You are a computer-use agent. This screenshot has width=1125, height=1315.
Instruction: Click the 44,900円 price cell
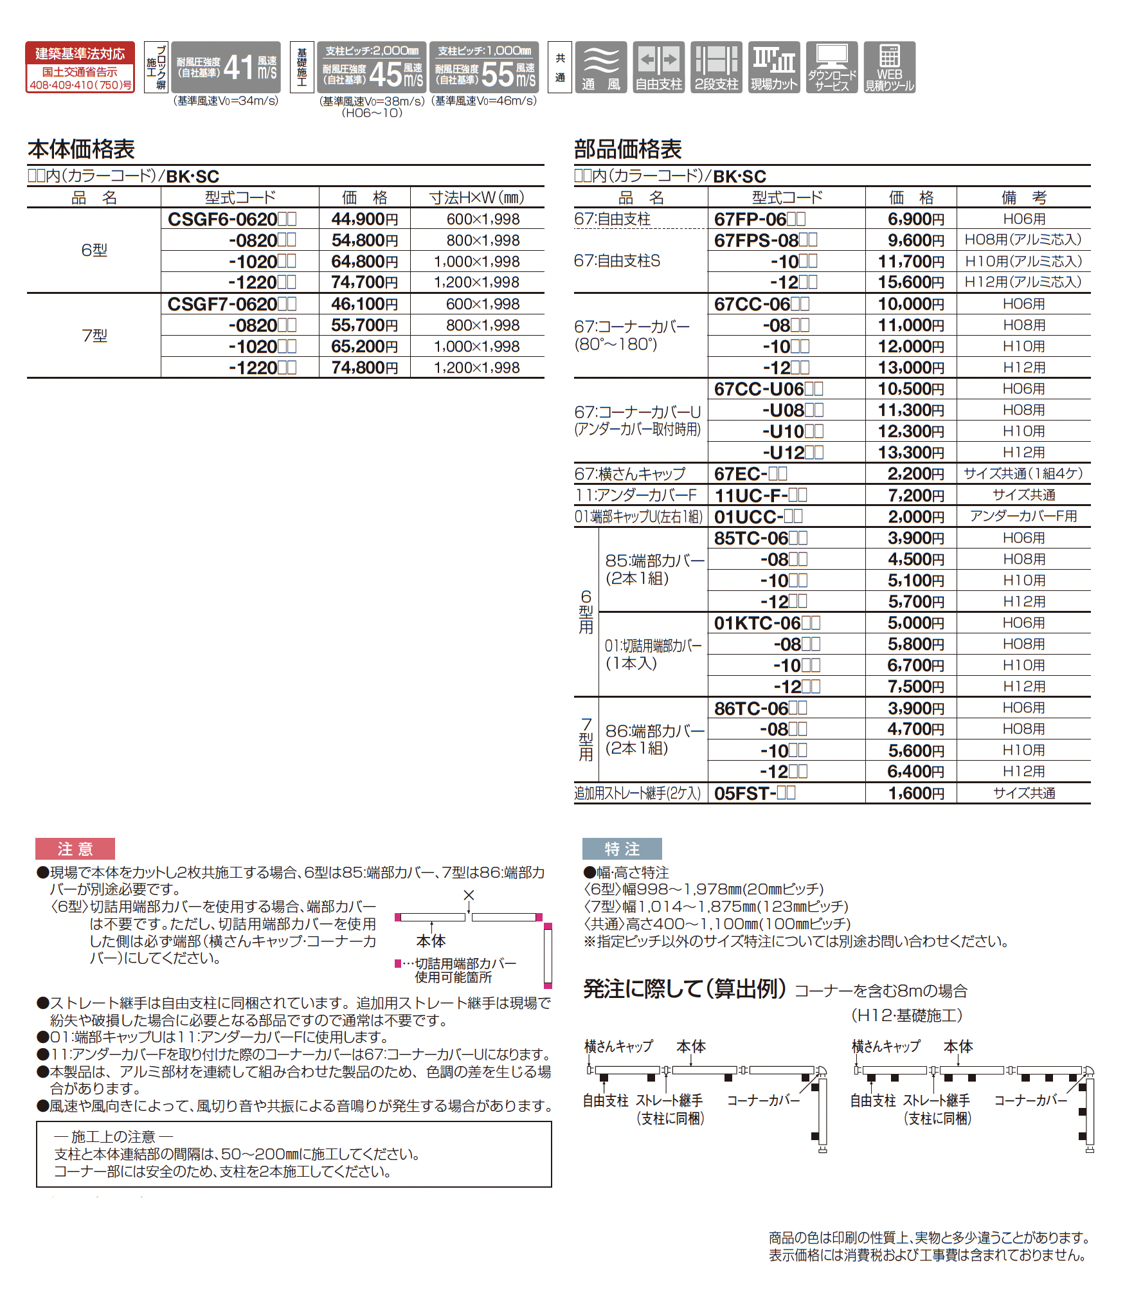click(364, 219)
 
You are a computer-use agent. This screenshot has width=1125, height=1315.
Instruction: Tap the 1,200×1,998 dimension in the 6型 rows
click(476, 282)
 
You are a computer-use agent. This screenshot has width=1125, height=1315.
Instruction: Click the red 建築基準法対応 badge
click(80, 67)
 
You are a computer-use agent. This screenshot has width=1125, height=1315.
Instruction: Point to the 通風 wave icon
click(600, 67)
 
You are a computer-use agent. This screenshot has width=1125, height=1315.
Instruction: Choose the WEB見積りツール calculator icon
click(889, 67)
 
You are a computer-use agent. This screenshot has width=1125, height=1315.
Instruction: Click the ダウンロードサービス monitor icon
click(832, 67)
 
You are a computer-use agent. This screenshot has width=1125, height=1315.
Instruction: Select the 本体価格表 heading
click(81, 149)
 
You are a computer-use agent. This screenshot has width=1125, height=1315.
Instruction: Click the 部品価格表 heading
click(627, 149)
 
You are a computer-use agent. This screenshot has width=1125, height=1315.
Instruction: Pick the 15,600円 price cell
click(911, 282)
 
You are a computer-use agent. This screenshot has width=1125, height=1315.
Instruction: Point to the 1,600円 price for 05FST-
click(916, 794)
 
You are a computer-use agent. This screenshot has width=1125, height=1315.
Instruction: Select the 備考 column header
click(1023, 197)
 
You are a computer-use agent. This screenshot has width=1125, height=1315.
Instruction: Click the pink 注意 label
click(75, 849)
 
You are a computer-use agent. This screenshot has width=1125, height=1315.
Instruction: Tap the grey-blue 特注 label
click(622, 849)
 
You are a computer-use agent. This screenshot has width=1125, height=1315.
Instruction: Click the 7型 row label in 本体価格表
click(94, 336)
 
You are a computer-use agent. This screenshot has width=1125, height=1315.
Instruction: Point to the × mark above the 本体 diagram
click(469, 895)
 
